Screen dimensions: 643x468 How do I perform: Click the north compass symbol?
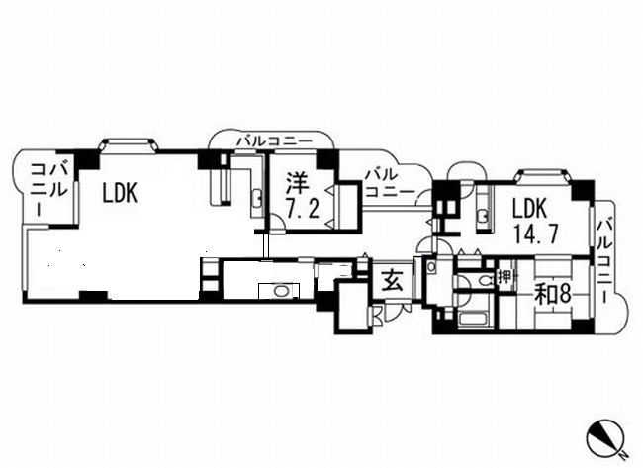click(605, 439)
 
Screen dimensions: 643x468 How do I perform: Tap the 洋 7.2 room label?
click(302, 196)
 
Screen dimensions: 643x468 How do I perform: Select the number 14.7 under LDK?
click(534, 235)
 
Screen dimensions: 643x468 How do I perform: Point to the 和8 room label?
click(553, 294)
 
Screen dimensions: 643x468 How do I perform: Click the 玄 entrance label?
click(393, 281)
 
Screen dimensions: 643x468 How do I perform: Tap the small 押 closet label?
click(505, 277)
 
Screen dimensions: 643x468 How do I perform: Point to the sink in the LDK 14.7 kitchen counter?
click(483, 215)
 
